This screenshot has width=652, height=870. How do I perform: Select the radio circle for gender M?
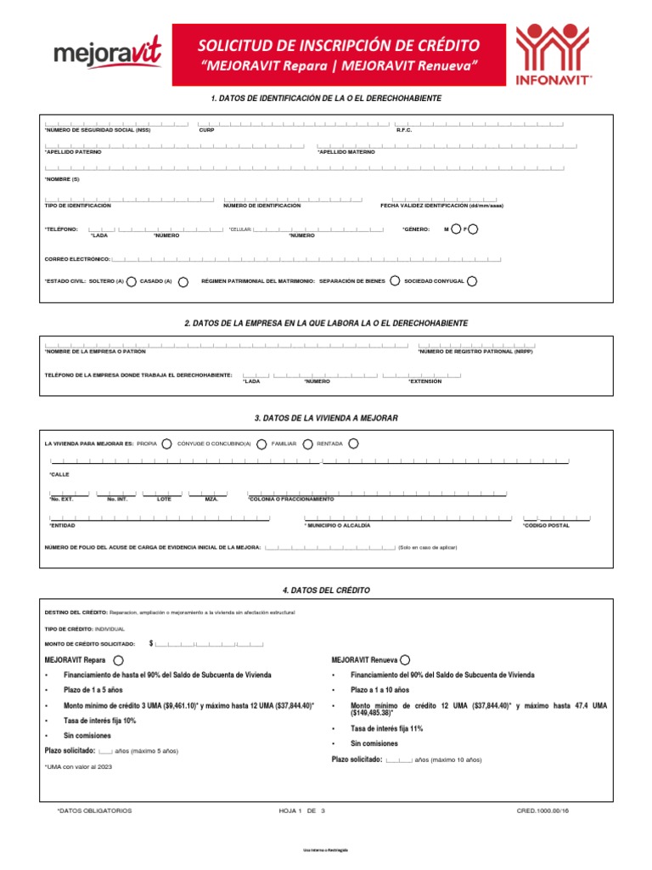coord(457,229)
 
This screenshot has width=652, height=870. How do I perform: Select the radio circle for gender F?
coord(473,229)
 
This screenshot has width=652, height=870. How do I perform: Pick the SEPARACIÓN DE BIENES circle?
coord(395,281)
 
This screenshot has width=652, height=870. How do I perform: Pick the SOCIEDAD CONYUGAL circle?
coord(472,281)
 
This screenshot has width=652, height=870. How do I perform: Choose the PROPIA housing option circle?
coord(167,443)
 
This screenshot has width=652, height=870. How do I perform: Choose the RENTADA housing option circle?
coord(353,443)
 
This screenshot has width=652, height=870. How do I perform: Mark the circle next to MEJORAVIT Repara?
coord(117,659)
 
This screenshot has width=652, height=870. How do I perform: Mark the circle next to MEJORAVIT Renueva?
coord(405,659)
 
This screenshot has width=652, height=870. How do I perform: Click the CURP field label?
coord(207,130)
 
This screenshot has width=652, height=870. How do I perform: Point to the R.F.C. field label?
coord(403,130)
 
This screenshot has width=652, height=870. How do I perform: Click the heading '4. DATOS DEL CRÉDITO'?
coord(326,590)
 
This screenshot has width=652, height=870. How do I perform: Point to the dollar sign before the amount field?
coord(151,644)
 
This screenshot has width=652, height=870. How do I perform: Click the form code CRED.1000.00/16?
coord(542,811)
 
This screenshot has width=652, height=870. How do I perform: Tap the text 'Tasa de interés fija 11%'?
coord(387,728)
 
